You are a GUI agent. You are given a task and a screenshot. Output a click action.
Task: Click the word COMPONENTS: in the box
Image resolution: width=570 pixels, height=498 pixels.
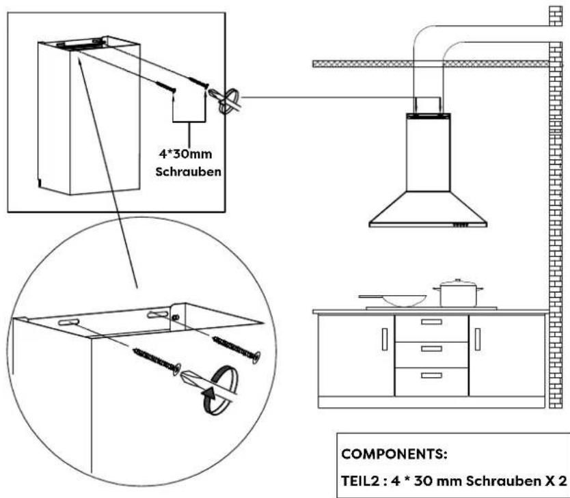[394, 454]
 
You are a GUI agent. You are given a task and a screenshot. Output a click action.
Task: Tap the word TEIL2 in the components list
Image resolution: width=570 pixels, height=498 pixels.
[360, 481]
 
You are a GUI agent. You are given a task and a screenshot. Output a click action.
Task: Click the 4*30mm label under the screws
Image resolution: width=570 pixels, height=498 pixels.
[185, 154]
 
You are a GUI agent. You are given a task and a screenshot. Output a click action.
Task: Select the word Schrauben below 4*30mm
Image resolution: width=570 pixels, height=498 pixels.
[189, 171]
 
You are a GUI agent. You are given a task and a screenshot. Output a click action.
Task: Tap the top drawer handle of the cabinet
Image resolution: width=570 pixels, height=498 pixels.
[431, 322]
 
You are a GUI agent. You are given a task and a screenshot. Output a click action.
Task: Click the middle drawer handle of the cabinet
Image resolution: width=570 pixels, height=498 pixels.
[431, 348]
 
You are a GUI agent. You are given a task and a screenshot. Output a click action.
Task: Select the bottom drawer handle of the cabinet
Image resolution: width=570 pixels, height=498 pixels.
[431, 375]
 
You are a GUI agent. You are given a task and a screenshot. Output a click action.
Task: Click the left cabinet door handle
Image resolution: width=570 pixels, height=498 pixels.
[385, 340]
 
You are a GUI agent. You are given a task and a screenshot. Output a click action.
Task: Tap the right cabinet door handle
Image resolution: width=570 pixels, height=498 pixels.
[478, 340]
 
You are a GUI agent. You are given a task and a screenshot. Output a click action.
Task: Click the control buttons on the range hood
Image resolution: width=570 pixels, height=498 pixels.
[461, 225]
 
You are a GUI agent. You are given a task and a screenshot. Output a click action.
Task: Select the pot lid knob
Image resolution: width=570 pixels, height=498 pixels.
[458, 280]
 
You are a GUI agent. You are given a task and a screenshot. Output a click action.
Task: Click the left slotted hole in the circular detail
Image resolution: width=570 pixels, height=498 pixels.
[68, 322]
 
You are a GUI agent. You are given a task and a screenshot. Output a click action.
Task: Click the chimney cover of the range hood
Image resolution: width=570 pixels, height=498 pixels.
[429, 152]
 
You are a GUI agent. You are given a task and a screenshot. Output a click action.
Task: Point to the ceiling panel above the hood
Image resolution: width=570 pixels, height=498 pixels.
[431, 64]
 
